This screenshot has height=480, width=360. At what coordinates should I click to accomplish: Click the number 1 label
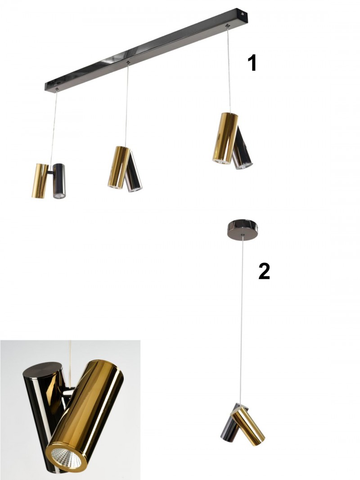[252, 63]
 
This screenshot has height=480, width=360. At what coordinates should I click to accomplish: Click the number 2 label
[264, 271]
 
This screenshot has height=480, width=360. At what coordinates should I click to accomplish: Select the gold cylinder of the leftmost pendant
[40, 181]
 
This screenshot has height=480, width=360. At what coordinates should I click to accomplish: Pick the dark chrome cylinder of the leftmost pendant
[59, 181]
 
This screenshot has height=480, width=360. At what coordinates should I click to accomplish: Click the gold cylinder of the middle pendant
[119, 167]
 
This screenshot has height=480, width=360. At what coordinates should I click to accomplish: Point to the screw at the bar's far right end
[243, 14]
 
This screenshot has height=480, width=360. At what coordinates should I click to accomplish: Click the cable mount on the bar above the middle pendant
[128, 63]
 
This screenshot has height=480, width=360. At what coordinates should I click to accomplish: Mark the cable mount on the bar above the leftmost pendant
[57, 90]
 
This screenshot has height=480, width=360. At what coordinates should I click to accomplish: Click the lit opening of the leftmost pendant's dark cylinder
[59, 195]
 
